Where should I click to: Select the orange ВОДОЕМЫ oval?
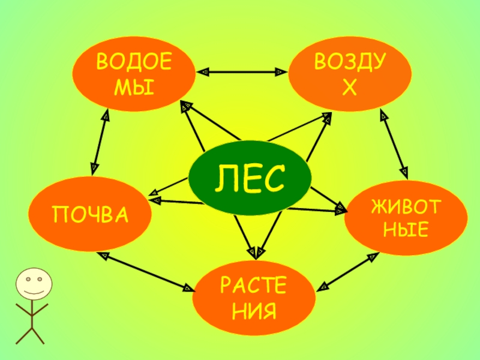pos(134,75)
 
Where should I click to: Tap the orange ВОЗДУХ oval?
pos(350,75)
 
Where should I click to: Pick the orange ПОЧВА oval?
pos(90,213)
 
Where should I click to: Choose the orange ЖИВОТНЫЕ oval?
pos(406,217)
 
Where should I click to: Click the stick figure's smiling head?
pos(33,284)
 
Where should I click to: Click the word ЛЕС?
pos(250,178)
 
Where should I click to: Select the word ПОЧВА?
pos(90,214)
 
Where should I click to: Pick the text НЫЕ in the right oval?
pos(406,229)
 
